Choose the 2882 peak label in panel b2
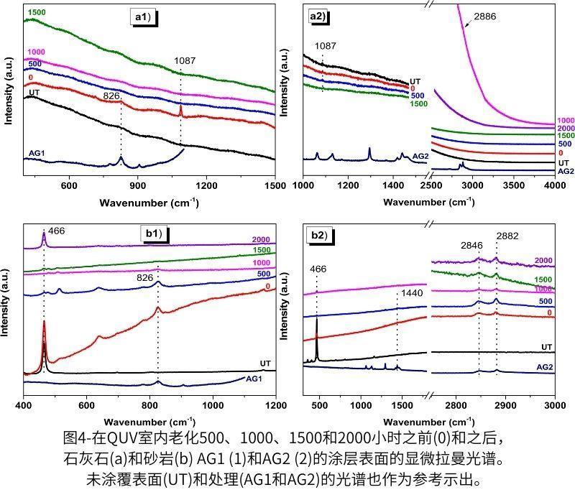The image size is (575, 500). [506, 236]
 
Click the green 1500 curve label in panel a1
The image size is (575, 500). [37, 12]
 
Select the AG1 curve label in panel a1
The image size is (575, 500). [38, 153]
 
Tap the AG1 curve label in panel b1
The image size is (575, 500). [255, 379]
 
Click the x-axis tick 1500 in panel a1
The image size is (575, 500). [275, 185]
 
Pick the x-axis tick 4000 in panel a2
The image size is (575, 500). [554, 185]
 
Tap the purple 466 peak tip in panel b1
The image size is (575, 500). [44, 233]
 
